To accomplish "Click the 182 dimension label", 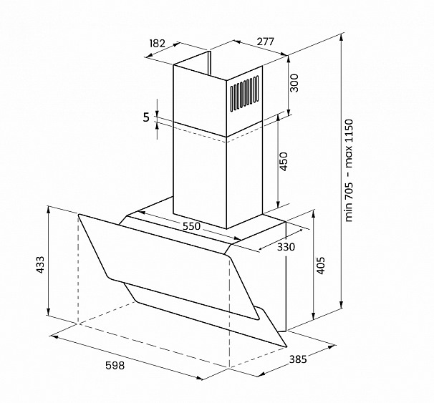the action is (158, 44).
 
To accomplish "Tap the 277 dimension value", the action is (266, 42).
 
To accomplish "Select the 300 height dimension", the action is (294, 83).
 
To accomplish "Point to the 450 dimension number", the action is (284, 162).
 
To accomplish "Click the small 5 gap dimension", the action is (146, 117).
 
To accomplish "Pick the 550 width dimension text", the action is (191, 226).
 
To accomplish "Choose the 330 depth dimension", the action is (286, 247).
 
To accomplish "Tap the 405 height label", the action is (321, 266).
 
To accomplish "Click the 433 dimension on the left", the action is (40, 265).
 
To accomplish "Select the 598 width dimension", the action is (115, 365).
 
